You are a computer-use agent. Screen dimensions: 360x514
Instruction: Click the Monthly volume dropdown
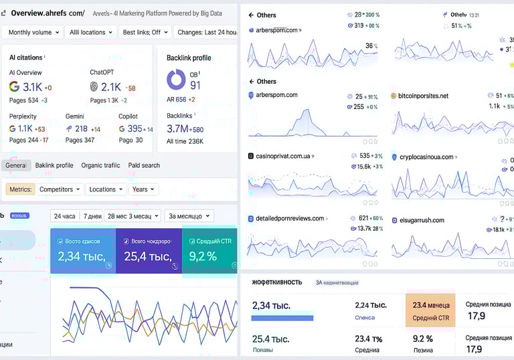(x=33, y=32)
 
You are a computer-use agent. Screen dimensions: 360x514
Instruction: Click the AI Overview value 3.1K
(x=32, y=87)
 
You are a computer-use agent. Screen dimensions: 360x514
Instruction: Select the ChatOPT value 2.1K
(x=111, y=87)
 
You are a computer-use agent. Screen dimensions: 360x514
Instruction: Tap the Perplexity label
(x=23, y=116)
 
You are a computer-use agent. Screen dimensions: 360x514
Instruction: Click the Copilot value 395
(x=135, y=128)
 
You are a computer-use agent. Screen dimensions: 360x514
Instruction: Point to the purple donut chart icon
(x=177, y=80)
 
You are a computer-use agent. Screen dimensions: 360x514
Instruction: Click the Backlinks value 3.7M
(x=177, y=128)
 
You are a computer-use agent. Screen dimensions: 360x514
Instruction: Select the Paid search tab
(x=144, y=165)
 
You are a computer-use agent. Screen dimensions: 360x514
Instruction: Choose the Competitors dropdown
(x=60, y=189)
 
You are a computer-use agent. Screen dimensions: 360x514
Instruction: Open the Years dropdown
(x=144, y=189)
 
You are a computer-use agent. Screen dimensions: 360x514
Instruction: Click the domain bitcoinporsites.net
(x=423, y=96)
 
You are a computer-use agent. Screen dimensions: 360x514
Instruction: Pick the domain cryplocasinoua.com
(x=426, y=157)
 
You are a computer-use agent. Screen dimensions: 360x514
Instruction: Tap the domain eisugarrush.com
(x=422, y=219)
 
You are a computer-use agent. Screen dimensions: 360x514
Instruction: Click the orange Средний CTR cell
(x=430, y=310)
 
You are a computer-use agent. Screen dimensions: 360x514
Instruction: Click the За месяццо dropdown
(x=189, y=216)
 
